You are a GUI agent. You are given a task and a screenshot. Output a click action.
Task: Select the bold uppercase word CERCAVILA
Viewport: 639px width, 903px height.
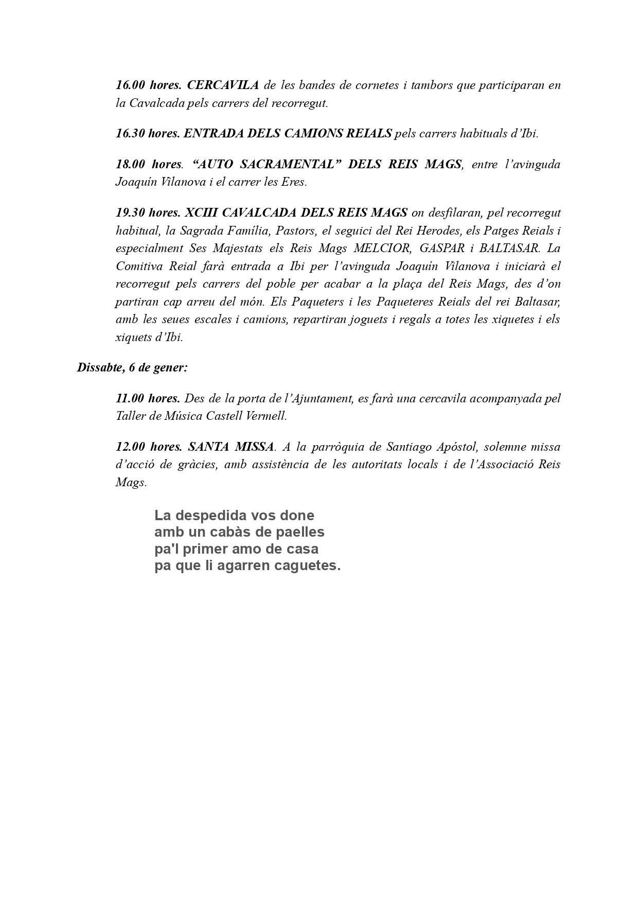[223, 85]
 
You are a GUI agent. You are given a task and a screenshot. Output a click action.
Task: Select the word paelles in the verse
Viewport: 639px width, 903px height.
[301, 532]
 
